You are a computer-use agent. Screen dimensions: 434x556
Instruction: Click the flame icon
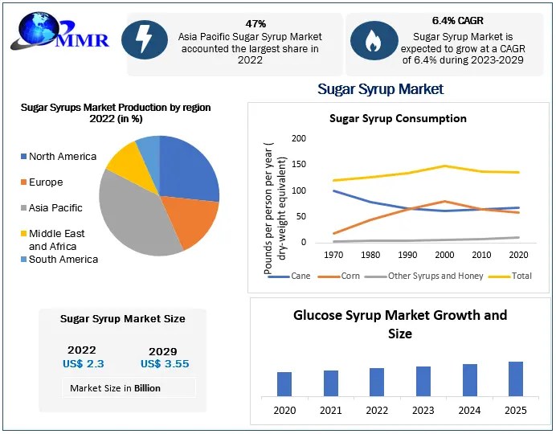[374, 39]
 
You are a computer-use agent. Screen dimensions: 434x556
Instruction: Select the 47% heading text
[256, 23]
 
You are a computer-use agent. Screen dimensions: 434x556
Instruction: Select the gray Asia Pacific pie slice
[137, 213]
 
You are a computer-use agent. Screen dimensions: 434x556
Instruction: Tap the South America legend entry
[63, 260]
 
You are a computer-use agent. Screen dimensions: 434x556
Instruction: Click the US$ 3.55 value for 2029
[164, 364]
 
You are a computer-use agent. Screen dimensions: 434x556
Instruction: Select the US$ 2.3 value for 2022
[83, 363]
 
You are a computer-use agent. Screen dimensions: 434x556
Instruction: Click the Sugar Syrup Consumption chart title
[398, 118]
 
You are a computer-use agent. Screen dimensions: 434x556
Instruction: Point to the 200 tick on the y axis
[298, 138]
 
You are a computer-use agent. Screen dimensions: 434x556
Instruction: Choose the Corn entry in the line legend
[345, 276]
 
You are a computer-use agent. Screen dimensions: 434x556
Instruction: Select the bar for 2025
[516, 379]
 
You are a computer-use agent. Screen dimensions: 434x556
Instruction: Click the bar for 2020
[284, 384]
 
